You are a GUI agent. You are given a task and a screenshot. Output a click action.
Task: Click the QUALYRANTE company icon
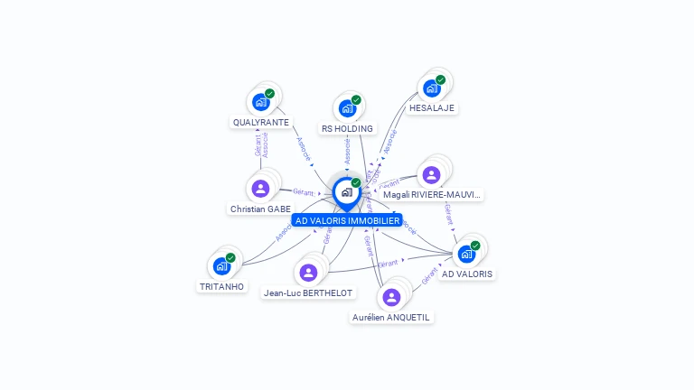click(260, 102)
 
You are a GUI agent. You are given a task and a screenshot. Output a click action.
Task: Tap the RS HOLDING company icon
click(346, 108)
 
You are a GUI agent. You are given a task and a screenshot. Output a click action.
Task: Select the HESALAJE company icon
click(431, 88)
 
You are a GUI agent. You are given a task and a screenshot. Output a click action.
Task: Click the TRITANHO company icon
click(221, 266)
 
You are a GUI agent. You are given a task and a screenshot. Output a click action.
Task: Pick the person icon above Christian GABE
click(260, 189)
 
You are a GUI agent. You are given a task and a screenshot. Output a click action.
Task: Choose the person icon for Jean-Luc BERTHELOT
click(308, 273)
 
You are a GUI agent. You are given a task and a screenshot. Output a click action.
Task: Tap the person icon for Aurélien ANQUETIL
click(391, 297)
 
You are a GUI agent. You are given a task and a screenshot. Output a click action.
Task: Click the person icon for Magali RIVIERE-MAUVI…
click(432, 174)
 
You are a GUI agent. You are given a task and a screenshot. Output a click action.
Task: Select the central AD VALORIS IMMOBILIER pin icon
click(346, 192)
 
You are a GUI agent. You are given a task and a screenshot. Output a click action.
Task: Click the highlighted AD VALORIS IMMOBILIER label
click(347, 220)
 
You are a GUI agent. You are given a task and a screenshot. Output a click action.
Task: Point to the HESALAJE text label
click(432, 107)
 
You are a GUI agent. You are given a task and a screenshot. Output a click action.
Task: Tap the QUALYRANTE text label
click(261, 122)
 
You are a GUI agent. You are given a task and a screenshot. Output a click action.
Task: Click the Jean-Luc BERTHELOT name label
click(308, 292)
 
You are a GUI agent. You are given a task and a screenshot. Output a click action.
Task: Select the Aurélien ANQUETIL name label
click(391, 317)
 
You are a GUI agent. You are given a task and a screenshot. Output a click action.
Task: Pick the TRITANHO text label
click(221, 286)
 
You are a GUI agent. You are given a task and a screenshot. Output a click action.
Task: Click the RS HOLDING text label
click(347, 128)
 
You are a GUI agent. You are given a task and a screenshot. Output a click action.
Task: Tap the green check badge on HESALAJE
click(440, 79)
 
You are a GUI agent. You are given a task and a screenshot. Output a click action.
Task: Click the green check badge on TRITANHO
click(230, 258)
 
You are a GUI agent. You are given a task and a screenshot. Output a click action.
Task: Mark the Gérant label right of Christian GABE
click(303, 191)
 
